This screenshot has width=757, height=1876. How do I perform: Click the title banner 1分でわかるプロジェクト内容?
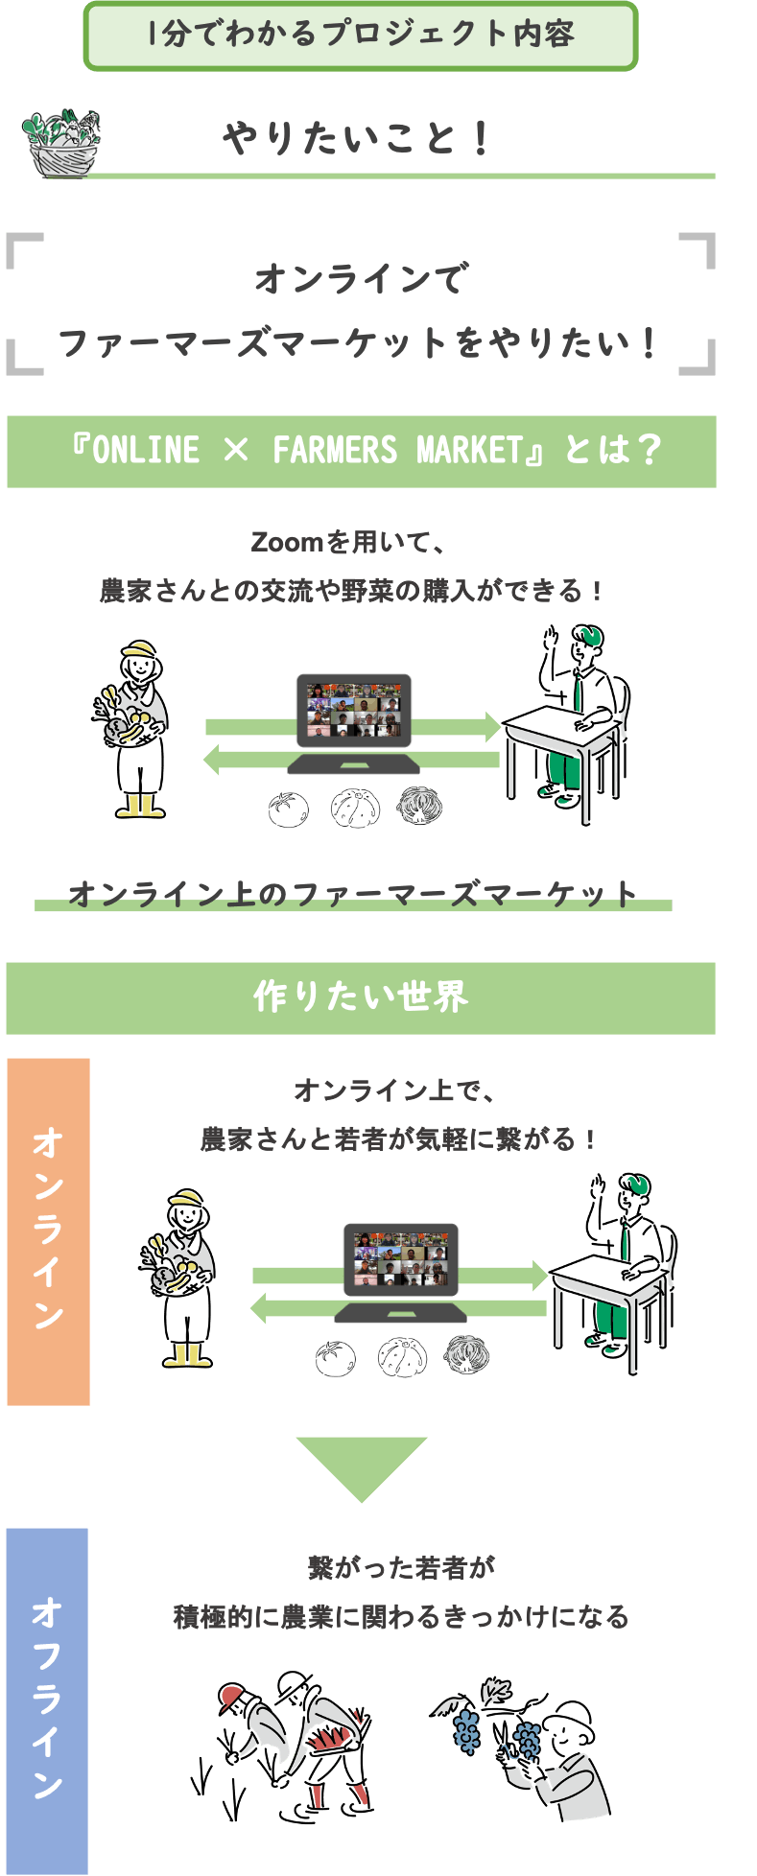pos(361,35)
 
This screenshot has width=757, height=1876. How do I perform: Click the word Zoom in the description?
pos(286,543)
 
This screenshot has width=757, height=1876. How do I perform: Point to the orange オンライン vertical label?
pos(48,1231)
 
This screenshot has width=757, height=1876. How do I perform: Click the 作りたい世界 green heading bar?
pos(361,998)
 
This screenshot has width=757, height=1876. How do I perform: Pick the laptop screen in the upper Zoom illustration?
pos(354,711)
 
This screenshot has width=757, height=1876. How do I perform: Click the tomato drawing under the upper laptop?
pos(288,809)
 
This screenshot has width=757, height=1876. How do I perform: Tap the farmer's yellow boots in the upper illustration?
pos(140,806)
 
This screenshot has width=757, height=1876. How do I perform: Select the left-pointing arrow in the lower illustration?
pos(398,1308)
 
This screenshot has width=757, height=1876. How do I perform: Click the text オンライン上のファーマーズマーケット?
pos(353,895)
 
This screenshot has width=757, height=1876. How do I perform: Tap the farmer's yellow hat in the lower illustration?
pos(186,1199)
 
